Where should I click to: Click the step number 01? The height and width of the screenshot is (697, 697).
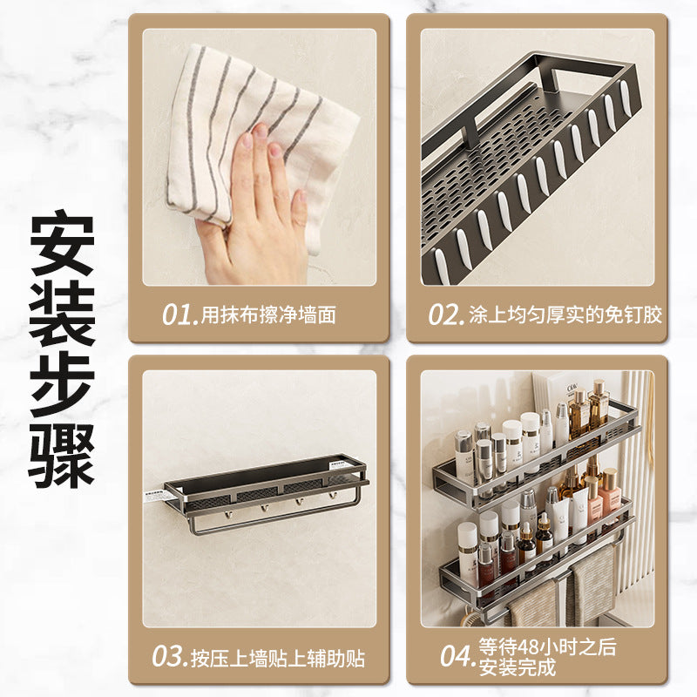(179, 315)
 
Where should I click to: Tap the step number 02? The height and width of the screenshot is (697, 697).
(446, 315)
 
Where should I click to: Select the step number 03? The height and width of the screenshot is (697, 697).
(169, 657)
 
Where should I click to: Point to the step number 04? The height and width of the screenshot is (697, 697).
(458, 656)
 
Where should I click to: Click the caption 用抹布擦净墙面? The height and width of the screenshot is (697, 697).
(268, 315)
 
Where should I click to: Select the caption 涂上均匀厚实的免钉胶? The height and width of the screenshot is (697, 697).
(565, 315)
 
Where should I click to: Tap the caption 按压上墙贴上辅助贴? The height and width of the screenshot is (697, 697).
(278, 659)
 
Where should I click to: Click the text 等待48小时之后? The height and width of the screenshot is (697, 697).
(547, 646)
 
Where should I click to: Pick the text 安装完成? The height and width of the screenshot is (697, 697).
(517, 667)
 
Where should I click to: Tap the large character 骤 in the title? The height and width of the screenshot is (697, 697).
(62, 455)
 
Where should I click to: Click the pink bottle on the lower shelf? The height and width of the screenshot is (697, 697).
(609, 494)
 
